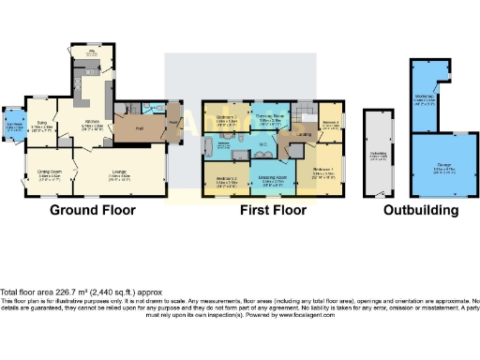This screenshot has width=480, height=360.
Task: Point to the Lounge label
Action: pos(117,173)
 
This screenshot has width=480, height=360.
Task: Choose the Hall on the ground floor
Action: pos(137,127)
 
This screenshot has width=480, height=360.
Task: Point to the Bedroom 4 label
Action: pos(330,121)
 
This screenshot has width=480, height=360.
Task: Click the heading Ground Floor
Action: pos(93,210)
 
